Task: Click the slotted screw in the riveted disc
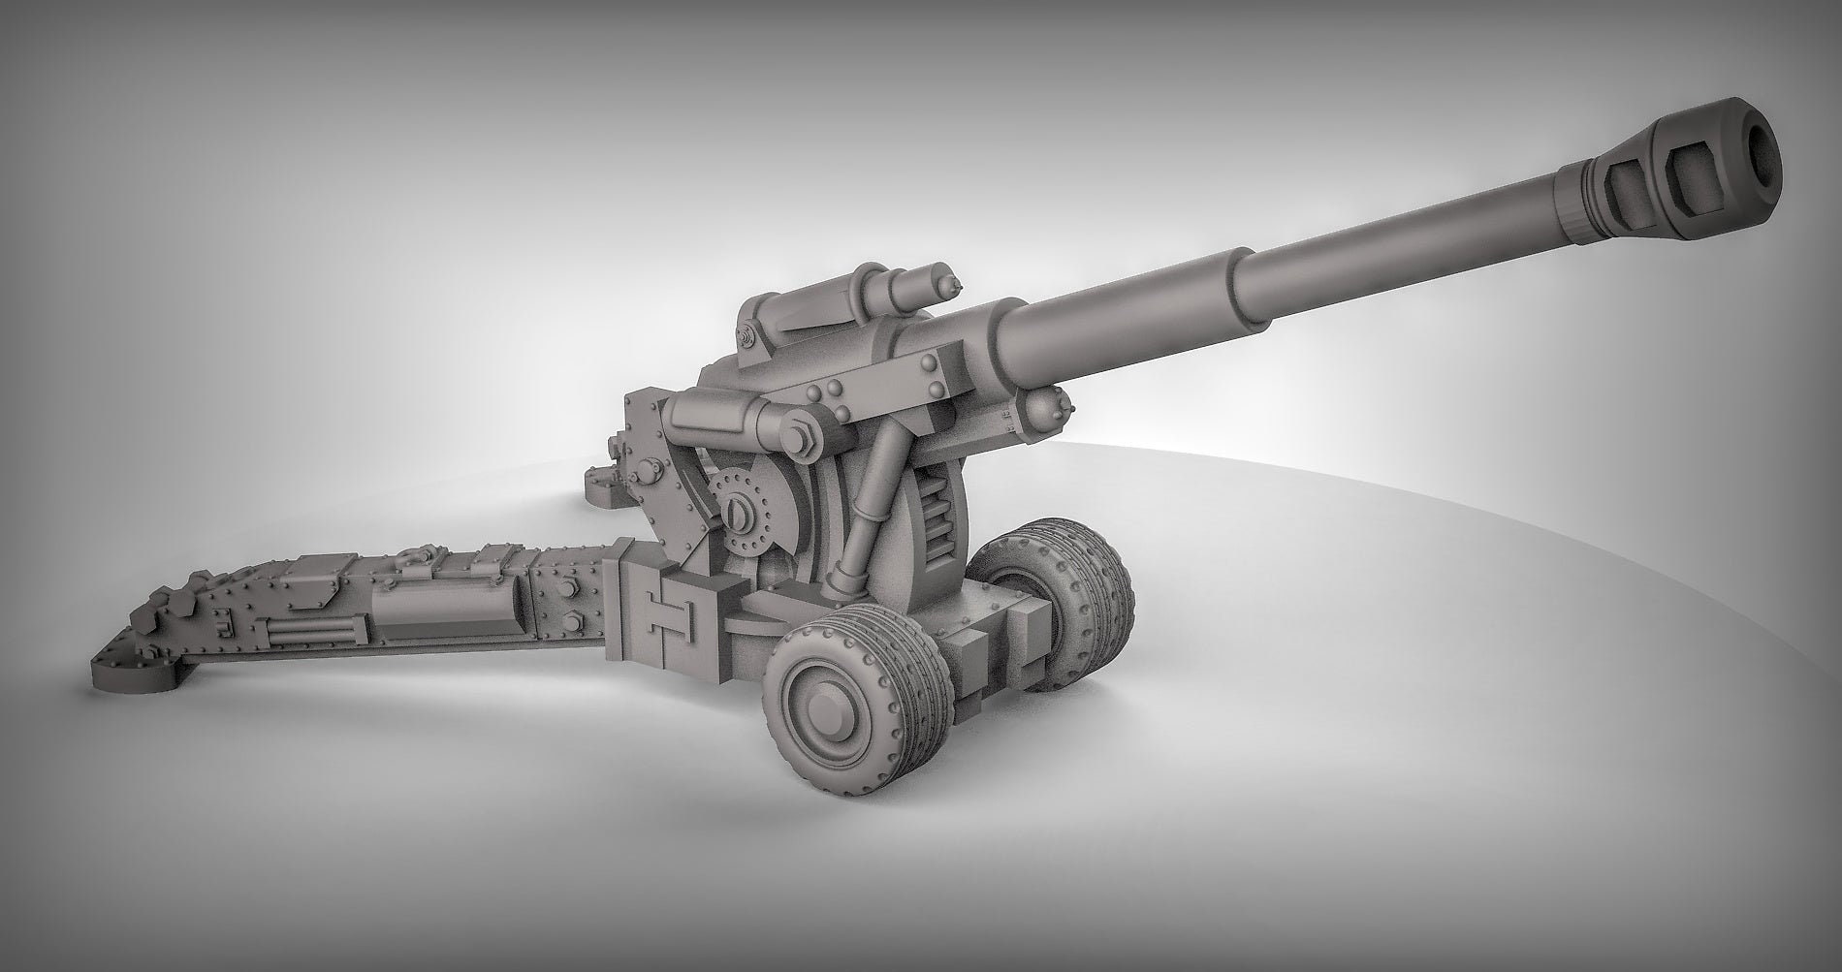(738, 508)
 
